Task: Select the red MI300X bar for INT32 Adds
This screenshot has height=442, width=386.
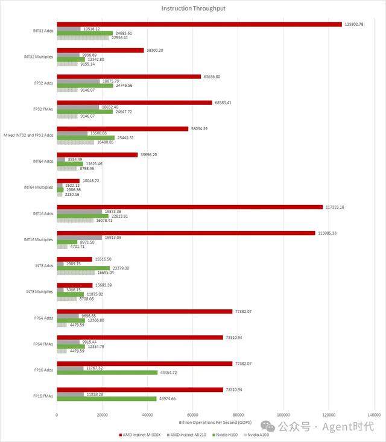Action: point(199,24)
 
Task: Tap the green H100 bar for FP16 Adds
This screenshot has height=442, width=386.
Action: point(107,373)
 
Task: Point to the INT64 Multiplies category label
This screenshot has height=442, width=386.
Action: point(39,188)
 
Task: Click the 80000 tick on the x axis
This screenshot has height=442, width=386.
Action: point(238,415)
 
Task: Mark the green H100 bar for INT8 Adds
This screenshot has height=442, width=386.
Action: point(83,268)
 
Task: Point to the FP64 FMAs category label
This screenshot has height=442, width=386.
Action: point(42,344)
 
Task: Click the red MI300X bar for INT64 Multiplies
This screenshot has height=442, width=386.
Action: point(68,181)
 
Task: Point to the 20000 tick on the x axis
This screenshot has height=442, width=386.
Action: point(102,415)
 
